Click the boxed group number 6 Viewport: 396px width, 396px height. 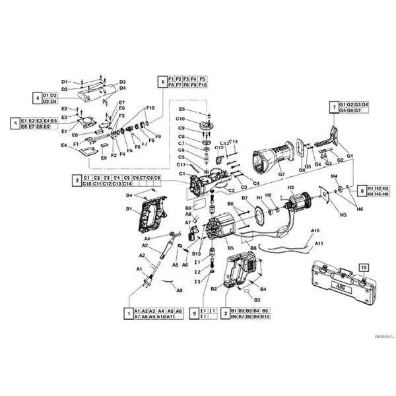161,82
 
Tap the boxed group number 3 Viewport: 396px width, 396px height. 77,181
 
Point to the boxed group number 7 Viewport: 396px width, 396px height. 334,108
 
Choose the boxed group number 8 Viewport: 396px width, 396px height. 361,191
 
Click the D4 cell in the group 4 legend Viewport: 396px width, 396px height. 55,101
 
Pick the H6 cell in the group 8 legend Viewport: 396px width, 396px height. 386,195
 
